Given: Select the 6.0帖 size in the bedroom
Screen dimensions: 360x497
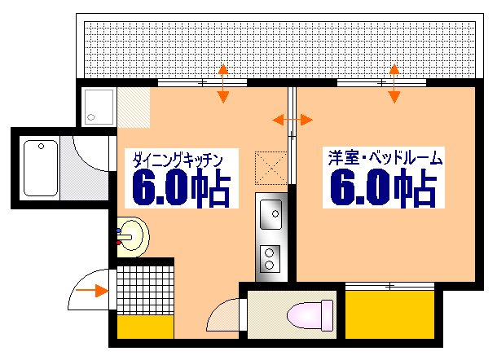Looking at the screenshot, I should pyautogui.click(x=381, y=190).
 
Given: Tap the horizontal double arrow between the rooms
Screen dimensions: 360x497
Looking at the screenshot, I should pyautogui.click(x=291, y=121).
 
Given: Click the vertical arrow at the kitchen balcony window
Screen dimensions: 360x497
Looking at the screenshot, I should pyautogui.click(x=222, y=83).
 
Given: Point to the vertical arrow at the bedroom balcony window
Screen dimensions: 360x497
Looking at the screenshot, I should pyautogui.click(x=394, y=83).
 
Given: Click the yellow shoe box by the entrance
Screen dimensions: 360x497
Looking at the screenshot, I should pyautogui.click(x=144, y=327).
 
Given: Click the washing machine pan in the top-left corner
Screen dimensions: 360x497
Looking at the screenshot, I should pyautogui.click(x=99, y=107).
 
